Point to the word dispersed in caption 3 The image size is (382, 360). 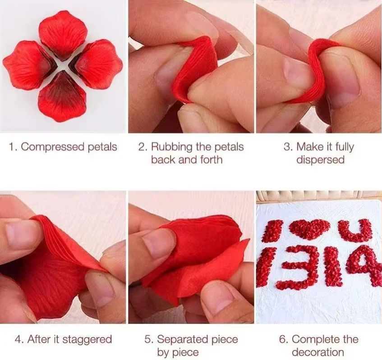(320, 159)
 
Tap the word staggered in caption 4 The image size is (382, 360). (87, 339)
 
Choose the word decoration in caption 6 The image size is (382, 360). (318, 352)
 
